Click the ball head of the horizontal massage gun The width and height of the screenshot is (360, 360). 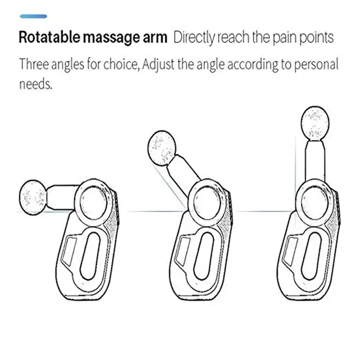[x=32, y=195]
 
